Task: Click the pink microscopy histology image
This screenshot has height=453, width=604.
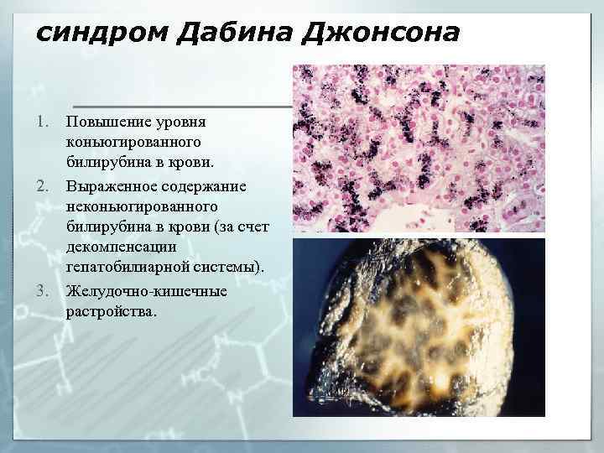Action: point(419,148)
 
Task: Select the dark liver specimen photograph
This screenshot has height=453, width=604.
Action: point(419,327)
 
